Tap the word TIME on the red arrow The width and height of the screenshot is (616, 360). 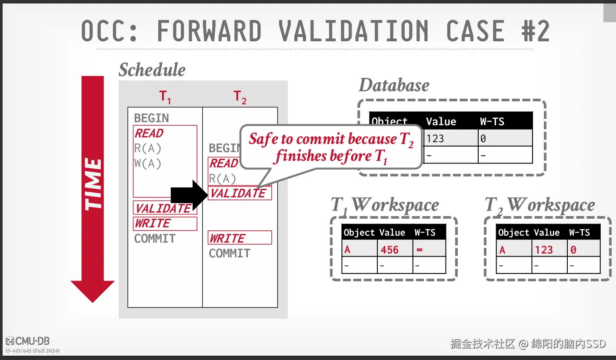tap(93, 184)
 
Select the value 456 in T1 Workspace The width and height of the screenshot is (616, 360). tap(390, 250)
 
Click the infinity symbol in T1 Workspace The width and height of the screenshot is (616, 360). tap(420, 250)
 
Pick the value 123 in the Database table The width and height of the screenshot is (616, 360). tap(435, 139)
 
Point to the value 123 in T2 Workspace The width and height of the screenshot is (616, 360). tap(544, 250)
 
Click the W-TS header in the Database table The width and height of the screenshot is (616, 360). tap(492, 121)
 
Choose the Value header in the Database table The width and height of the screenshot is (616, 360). tap(441, 121)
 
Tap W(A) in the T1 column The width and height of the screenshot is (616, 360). tap(148, 164)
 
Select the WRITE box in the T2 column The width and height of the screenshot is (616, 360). tap(240, 238)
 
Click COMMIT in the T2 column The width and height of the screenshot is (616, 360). tap(230, 253)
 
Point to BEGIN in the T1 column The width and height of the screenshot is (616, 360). tap(151, 118)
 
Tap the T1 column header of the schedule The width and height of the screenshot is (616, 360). tap(165, 97)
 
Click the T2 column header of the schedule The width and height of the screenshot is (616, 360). tap(240, 97)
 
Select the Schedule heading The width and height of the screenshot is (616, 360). tap(152, 70)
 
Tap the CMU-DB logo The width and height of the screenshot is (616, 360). tap(28, 341)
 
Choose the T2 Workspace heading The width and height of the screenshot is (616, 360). tap(539, 205)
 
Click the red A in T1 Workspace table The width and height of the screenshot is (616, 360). tap(347, 250)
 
